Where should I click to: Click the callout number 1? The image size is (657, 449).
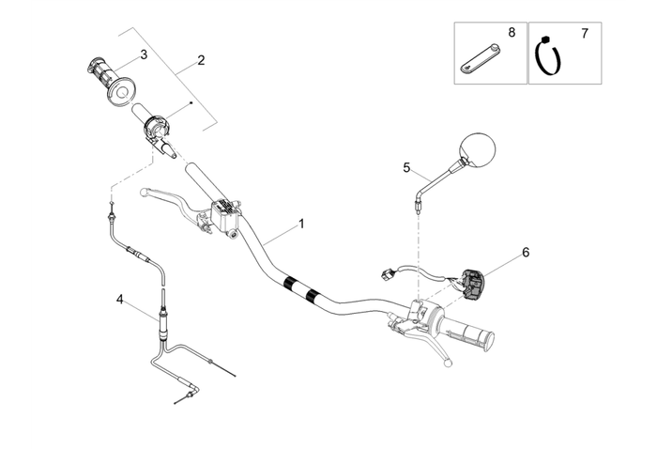(301, 224)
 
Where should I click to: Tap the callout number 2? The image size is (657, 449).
(201, 60)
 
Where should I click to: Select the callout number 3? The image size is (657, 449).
(144, 54)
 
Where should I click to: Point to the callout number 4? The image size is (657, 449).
(119, 299)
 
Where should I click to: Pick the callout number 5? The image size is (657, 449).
(406, 167)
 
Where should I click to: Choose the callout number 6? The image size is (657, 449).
(526, 252)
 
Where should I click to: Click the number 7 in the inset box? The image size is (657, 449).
(585, 34)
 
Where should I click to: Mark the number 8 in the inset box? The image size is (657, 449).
(512, 32)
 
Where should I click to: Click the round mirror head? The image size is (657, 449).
(478, 150)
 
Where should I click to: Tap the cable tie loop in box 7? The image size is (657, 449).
(546, 58)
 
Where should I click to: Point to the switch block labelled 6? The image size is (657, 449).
(473, 282)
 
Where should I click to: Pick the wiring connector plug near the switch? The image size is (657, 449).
(385, 275)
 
